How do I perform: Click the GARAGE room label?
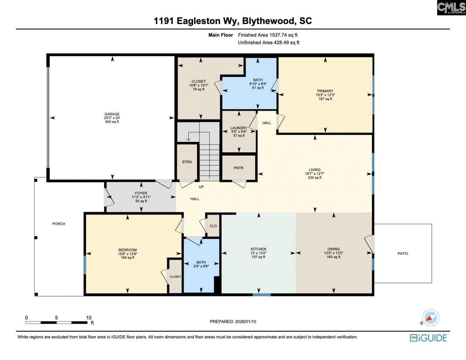point(112,114)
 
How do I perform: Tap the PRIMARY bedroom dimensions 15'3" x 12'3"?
point(325,95)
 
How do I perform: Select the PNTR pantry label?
point(238,168)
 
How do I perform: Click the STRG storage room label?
point(187,162)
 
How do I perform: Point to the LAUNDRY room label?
point(239,128)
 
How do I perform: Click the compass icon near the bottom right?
point(430,318)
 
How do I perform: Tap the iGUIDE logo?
point(428,338)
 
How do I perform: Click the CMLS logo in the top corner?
point(451,8)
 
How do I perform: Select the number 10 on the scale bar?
point(88,318)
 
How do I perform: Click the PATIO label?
point(403,253)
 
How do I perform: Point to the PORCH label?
point(59,224)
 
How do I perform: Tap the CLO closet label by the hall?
point(213,226)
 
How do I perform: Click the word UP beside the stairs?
point(201,187)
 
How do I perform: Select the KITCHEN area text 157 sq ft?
point(258,257)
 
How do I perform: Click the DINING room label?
point(333,249)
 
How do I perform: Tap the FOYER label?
point(141,193)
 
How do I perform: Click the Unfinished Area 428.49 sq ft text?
point(268,43)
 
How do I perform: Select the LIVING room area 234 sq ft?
point(315,178)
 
